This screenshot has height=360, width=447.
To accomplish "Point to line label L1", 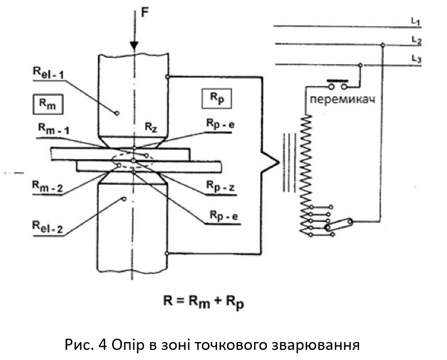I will coord(416,22).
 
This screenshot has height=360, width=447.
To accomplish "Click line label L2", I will coord(416,40).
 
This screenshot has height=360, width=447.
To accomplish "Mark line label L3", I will coord(416,59).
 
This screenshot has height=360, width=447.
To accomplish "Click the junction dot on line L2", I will coord(382,45).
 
